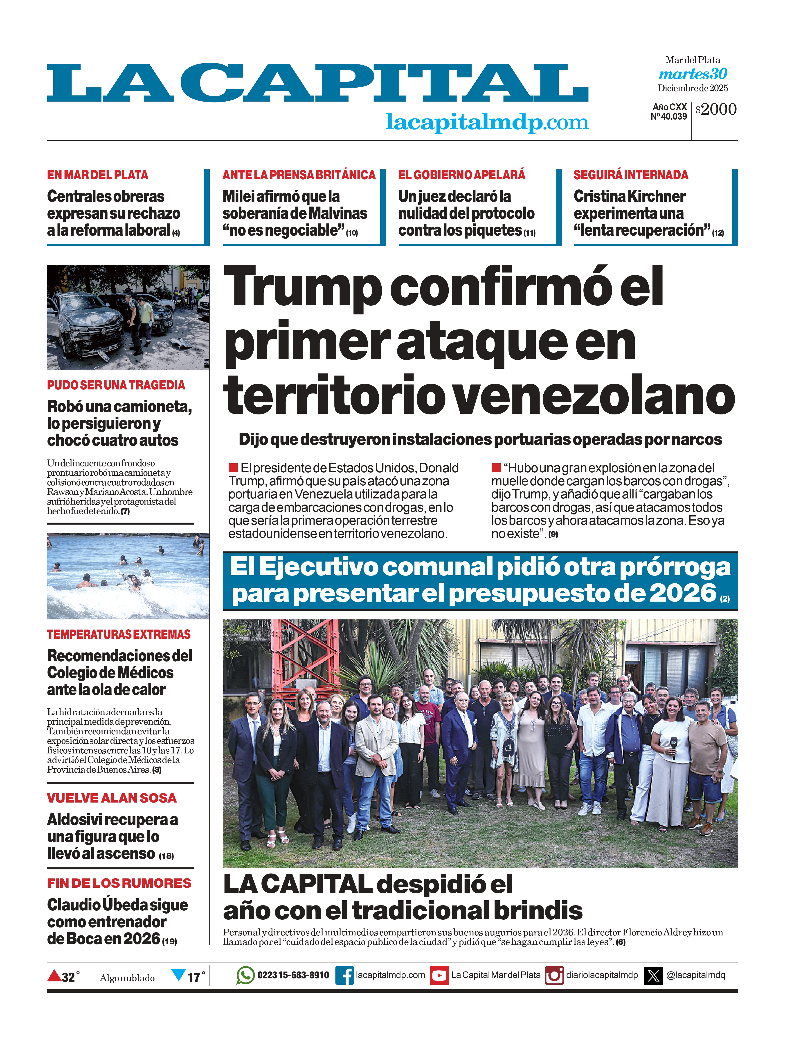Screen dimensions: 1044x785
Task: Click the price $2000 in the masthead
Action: (x=716, y=109)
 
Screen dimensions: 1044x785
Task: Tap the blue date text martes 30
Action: (x=693, y=74)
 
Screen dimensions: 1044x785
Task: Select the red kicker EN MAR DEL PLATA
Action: (x=98, y=175)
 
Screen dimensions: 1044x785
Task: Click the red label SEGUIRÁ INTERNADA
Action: (x=631, y=175)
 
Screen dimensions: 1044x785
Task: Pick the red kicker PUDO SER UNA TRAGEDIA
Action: (x=116, y=385)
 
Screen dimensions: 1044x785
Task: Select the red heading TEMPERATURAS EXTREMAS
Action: (x=119, y=634)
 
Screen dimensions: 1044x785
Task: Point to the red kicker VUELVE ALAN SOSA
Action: (x=112, y=798)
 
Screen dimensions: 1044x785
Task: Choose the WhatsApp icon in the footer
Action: (x=245, y=975)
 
